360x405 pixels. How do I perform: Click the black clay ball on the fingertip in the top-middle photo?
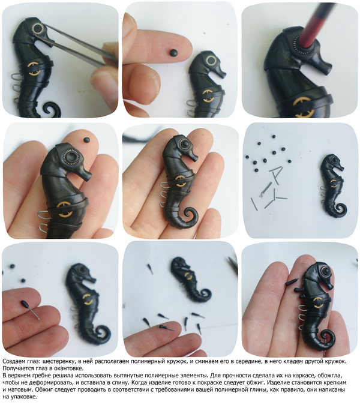[173, 53]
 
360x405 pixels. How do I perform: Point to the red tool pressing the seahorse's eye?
[317, 24]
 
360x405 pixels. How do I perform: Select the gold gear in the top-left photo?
[34, 68]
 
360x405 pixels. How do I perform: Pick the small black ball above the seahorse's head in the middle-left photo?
[87, 140]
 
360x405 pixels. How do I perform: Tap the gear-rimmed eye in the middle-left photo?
[71, 157]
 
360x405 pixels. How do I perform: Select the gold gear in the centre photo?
[180, 181]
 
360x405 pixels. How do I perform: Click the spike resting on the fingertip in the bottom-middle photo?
[166, 328]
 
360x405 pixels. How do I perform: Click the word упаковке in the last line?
[26, 397]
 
